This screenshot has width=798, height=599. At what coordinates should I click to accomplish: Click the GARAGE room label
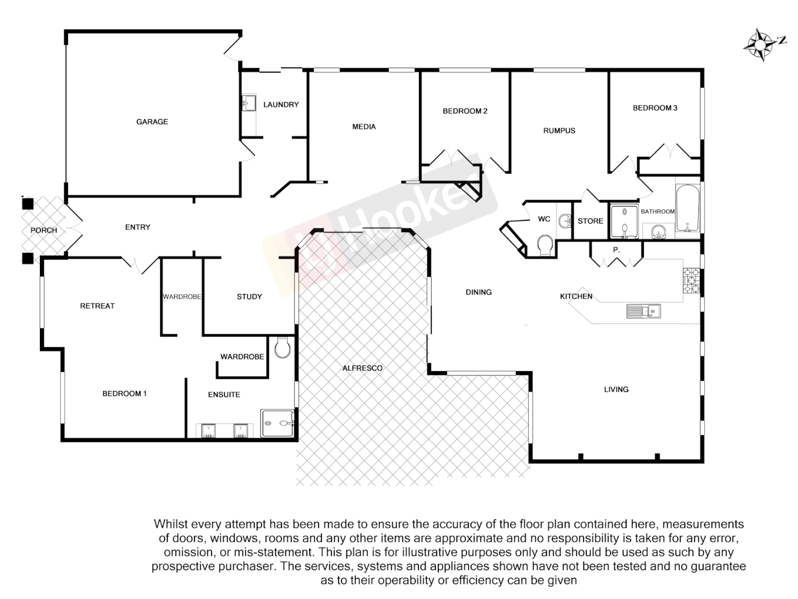(x=152, y=121)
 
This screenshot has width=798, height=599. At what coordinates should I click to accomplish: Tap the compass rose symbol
(x=761, y=44)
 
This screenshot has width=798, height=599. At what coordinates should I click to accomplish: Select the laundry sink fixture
(x=248, y=103)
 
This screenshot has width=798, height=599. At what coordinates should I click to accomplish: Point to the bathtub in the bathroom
(x=688, y=209)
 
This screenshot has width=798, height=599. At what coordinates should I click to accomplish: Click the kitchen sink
(x=643, y=311)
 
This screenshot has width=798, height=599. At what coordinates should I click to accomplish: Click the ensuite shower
(x=278, y=423)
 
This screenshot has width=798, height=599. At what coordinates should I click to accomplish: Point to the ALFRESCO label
(x=362, y=368)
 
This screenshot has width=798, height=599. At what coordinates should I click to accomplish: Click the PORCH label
(x=44, y=230)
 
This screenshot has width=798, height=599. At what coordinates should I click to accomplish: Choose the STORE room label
(x=590, y=221)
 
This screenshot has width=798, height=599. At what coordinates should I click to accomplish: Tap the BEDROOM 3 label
(x=655, y=108)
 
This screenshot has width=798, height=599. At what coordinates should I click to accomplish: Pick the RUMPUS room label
(x=559, y=130)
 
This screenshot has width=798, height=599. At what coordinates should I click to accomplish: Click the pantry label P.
(x=616, y=250)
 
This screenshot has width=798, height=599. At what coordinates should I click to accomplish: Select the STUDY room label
(x=249, y=297)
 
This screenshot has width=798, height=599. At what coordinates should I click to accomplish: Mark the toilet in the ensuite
(x=282, y=348)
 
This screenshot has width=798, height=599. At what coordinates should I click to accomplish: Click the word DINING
(x=478, y=292)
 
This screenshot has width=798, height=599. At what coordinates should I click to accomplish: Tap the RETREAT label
(x=98, y=306)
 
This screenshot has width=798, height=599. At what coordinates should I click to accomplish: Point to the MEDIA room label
(x=364, y=126)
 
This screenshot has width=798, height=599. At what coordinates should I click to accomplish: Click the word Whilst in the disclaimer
(x=171, y=524)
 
